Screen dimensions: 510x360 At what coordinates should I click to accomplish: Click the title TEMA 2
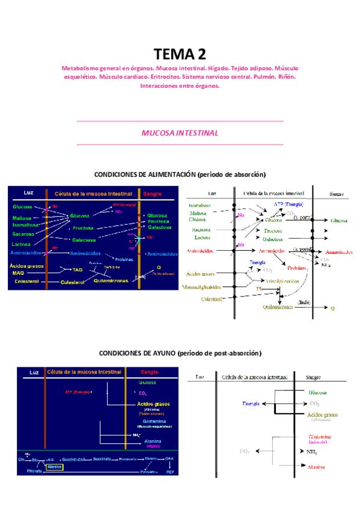pos(180,55)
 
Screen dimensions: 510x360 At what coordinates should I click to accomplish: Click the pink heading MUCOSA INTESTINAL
pos(180,133)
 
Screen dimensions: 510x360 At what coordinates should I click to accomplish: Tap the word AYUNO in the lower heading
pos(160,353)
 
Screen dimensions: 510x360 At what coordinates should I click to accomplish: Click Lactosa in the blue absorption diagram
pos(22,245)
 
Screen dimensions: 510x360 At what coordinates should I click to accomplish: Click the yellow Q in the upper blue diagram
pos(159,267)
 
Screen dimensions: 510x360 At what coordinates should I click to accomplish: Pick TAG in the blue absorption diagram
pos(78,270)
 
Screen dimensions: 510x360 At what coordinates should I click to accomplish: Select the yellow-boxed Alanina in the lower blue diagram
pos(55,466)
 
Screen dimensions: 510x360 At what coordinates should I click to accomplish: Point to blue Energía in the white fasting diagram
pos(251,404)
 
